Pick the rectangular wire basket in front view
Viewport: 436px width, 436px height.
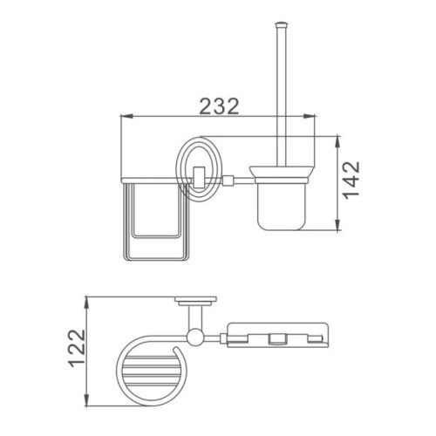tap(156, 221)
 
